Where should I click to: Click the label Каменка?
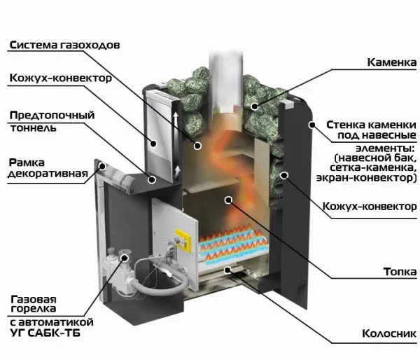tap(387, 62)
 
